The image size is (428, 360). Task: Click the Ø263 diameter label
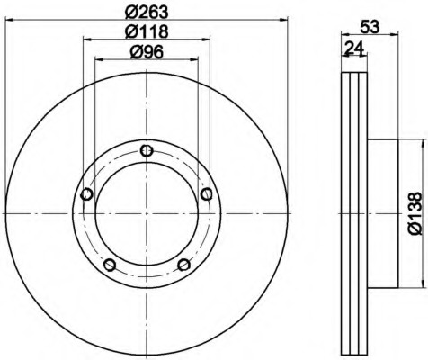point(147,13)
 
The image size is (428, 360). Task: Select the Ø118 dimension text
point(147,31)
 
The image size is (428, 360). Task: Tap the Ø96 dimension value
point(147,52)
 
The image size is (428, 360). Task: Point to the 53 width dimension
point(370,27)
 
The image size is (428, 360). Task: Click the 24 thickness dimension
point(353,48)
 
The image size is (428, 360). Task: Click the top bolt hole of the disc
point(147,150)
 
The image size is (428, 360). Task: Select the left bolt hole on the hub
point(86,194)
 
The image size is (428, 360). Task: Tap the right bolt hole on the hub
point(206,194)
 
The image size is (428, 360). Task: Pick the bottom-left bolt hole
point(110,265)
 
